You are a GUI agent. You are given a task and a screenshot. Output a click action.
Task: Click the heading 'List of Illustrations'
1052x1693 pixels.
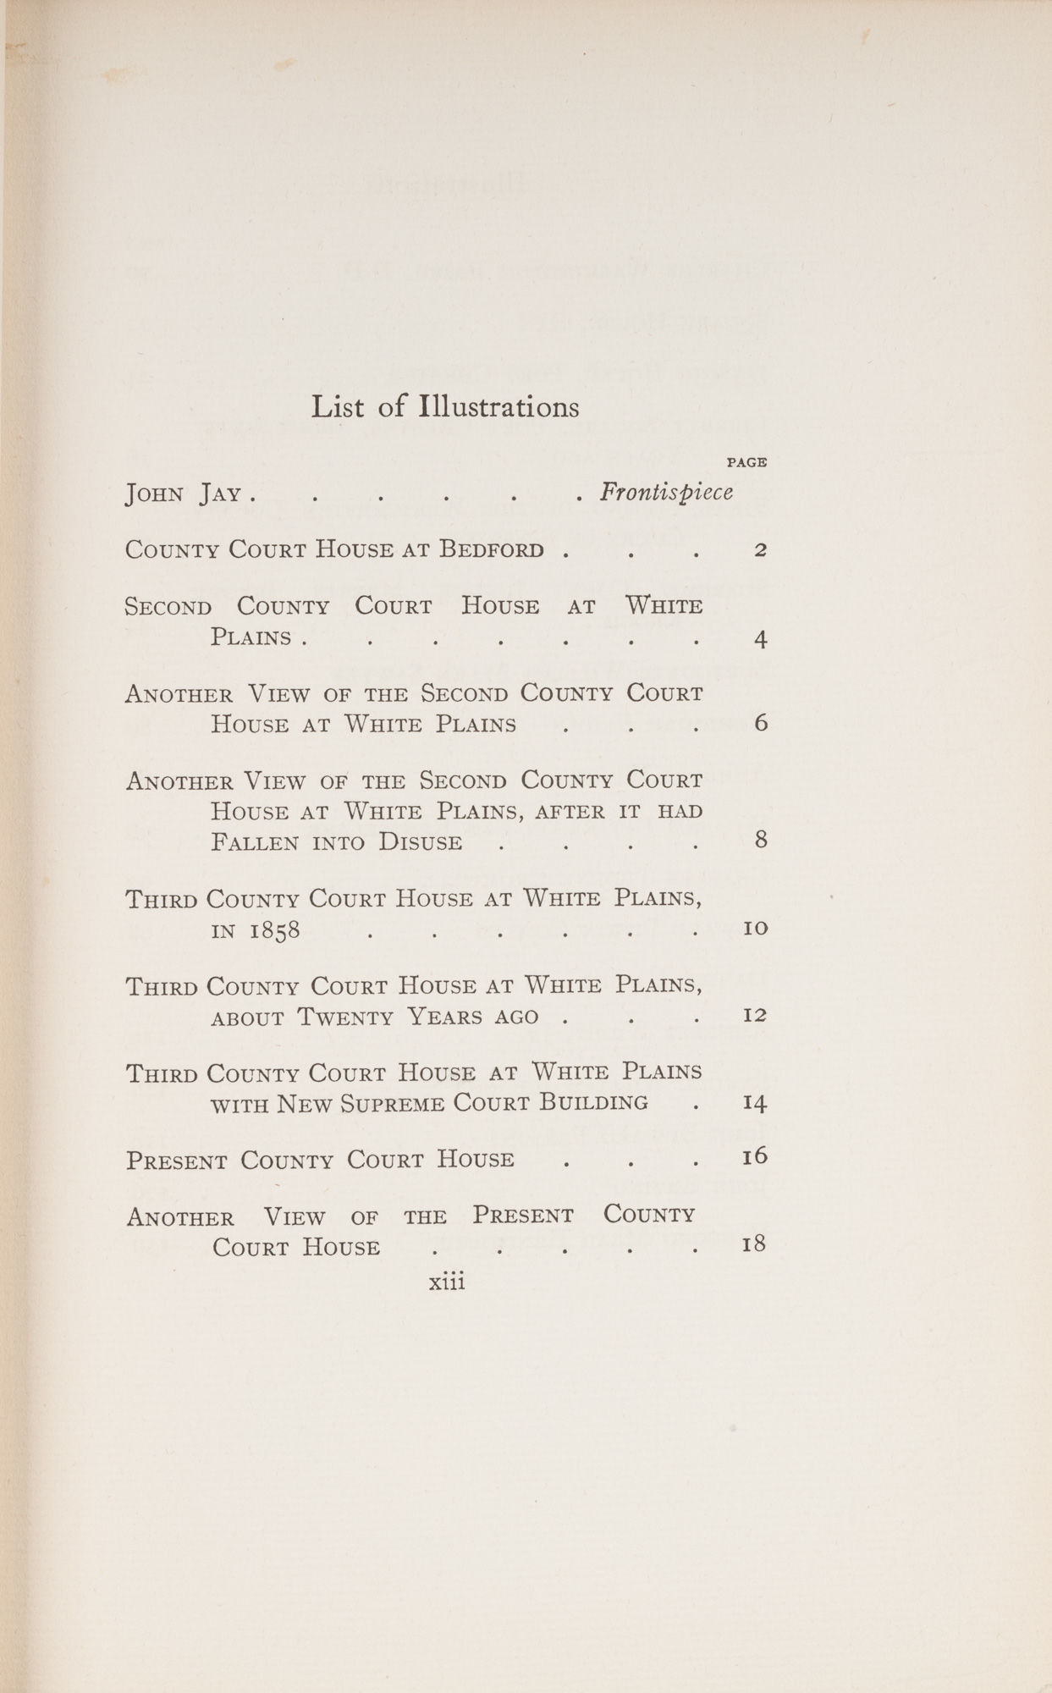445,407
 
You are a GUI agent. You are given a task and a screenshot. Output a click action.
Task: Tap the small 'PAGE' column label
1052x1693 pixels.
746,462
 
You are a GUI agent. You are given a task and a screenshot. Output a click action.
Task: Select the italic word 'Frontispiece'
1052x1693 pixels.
666,493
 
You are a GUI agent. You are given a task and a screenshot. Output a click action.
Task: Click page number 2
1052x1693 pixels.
760,550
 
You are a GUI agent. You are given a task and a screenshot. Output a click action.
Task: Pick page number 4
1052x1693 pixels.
760,639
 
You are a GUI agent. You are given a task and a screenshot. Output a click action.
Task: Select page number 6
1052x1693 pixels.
760,724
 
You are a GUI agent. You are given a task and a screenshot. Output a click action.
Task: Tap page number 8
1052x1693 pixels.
760,841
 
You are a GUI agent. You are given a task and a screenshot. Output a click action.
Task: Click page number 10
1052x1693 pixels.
755,928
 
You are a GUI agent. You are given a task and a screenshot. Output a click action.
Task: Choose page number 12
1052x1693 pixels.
755,1014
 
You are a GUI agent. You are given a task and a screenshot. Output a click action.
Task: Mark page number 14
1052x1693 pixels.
755,1103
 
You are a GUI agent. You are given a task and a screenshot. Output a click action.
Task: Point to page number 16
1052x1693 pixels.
755,1156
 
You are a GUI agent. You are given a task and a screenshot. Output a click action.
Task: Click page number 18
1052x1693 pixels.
755,1244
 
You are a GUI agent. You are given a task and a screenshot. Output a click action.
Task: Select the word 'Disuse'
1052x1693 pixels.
420,843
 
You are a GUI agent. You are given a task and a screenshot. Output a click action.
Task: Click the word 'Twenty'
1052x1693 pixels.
346,1017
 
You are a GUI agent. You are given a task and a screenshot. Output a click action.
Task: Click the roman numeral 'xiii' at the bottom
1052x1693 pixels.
448,1282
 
